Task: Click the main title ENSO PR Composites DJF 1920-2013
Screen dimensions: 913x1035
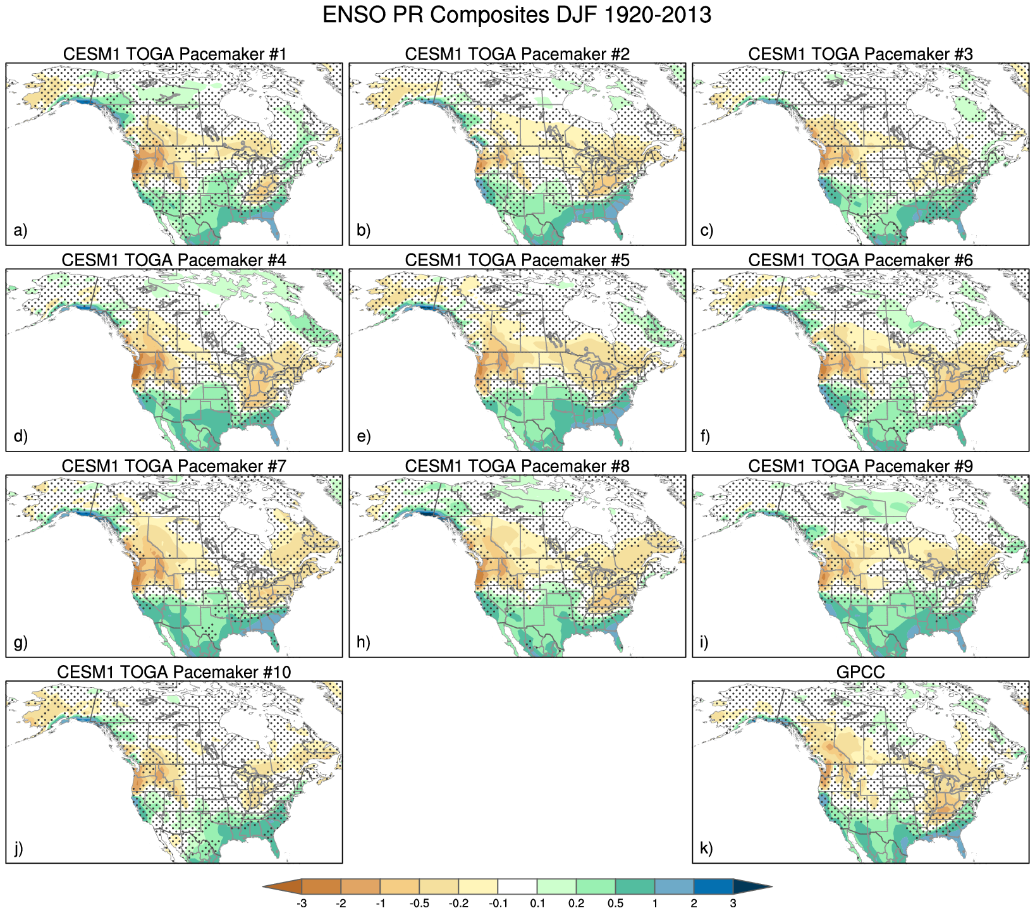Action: (517, 15)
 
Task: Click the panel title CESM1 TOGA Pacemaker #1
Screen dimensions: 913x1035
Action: (175, 54)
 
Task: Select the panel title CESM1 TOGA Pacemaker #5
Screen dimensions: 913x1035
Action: (517, 260)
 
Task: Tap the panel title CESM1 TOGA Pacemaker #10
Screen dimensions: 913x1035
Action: (175, 672)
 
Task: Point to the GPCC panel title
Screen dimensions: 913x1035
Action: (860, 672)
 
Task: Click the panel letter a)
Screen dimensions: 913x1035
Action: (20, 230)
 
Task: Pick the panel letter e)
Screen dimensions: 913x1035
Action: (364, 436)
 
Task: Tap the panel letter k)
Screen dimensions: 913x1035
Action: (707, 848)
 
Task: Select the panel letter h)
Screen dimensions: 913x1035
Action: (364, 642)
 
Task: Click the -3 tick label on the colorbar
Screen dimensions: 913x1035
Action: (302, 904)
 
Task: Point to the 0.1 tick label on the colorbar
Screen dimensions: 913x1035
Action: (537, 904)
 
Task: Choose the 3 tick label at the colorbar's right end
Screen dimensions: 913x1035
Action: (733, 904)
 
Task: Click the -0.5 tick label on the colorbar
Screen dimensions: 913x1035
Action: (419, 904)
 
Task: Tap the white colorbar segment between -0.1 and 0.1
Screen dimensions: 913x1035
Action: (517, 886)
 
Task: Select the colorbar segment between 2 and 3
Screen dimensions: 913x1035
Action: (714, 886)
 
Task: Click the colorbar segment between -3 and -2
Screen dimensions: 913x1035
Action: (321, 886)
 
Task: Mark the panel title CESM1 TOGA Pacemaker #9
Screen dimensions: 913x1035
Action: (860, 467)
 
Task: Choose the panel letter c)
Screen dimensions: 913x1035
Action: (707, 230)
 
